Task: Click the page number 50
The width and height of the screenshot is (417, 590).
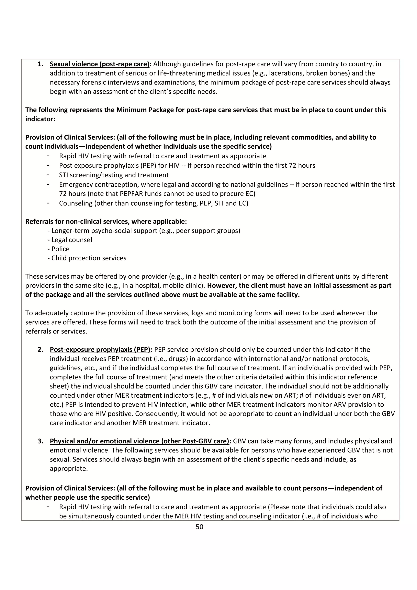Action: (x=199, y=527)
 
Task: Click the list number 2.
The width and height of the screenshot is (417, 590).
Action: (x=40, y=350)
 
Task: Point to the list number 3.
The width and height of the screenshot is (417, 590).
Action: (x=40, y=441)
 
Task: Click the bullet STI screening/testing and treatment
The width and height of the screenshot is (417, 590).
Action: (x=114, y=175)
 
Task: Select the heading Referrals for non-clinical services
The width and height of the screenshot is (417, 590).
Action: (x=106, y=221)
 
